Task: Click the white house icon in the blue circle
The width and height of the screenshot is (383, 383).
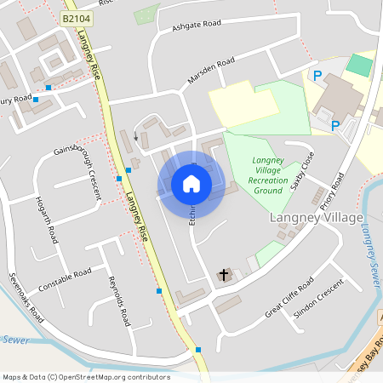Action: tap(191, 183)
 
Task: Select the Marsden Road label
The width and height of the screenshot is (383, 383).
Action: tap(212, 73)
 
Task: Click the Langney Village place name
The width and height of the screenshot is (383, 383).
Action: tap(316, 218)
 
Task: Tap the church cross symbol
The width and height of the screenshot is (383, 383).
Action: tap(225, 275)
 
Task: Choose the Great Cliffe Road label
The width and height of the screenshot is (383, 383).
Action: tap(289, 297)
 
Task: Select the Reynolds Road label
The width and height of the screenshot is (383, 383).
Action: tap(117, 301)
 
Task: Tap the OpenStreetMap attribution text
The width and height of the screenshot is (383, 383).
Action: tap(86, 377)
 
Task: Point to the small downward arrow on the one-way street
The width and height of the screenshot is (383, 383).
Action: tap(134, 136)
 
